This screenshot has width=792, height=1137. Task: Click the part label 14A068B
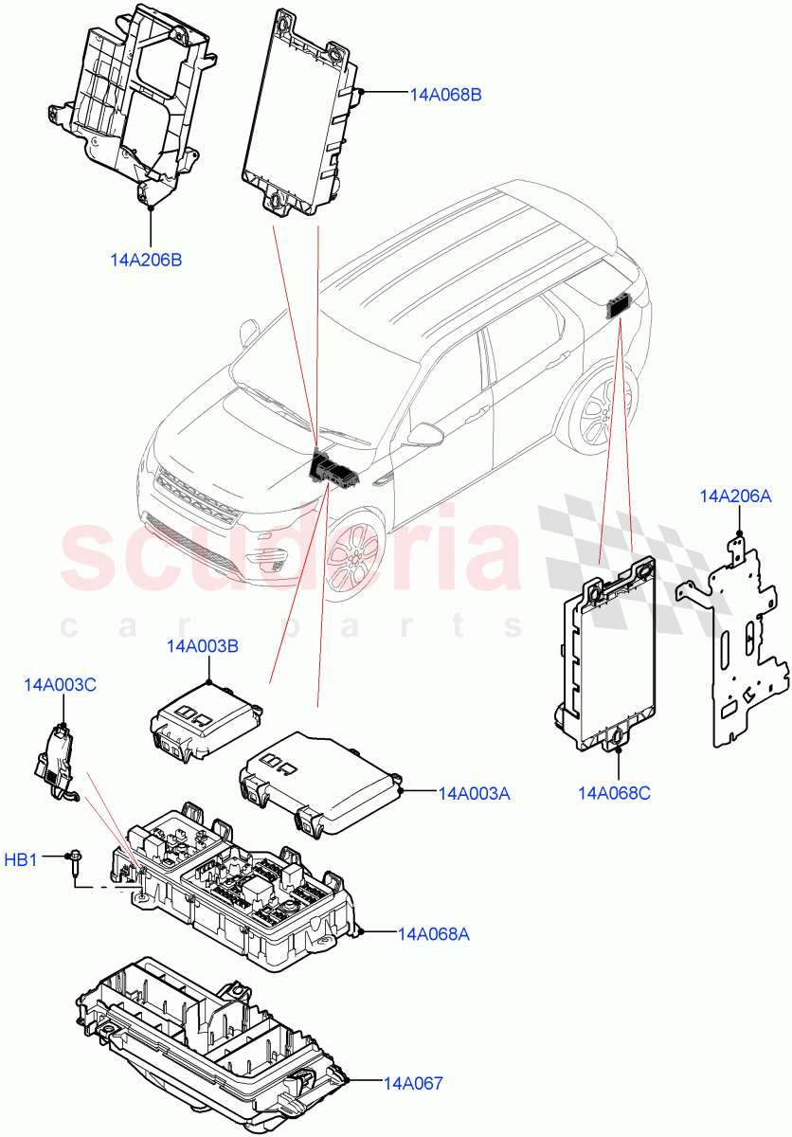(446, 95)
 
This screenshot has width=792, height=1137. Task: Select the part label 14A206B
(146, 260)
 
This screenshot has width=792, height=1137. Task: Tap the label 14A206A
(735, 496)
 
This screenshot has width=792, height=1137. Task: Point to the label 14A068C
(614, 792)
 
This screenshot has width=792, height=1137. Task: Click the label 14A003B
(202, 646)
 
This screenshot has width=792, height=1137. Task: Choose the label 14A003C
(60, 684)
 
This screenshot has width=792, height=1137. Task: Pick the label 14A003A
(474, 793)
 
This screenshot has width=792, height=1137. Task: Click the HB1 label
(21, 860)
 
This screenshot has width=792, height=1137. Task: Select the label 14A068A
(433, 934)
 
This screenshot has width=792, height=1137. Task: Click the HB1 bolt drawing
(74, 865)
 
